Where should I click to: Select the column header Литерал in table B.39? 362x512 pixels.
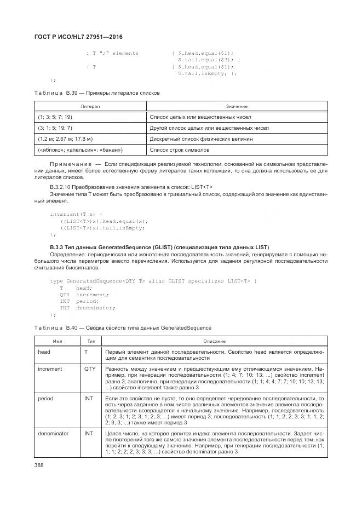[90, 106]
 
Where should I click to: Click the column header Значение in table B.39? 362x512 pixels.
[236, 106]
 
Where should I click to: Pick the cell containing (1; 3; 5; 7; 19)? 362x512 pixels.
[55, 117]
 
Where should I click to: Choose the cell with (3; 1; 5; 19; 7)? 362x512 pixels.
[55, 128]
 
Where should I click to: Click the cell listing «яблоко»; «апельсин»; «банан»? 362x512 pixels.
[81, 149]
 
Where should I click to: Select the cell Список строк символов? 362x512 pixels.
[179, 149]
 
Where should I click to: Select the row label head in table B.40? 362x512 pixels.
[44, 352]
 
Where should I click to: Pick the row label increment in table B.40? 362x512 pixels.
[50, 369]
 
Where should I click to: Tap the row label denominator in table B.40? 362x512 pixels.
[53, 433]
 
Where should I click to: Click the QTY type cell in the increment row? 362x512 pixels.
[90, 369]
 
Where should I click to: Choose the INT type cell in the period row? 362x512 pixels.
[88, 399]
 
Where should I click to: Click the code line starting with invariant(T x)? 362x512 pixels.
[68, 214]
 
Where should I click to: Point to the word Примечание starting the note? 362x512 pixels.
[68, 164]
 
